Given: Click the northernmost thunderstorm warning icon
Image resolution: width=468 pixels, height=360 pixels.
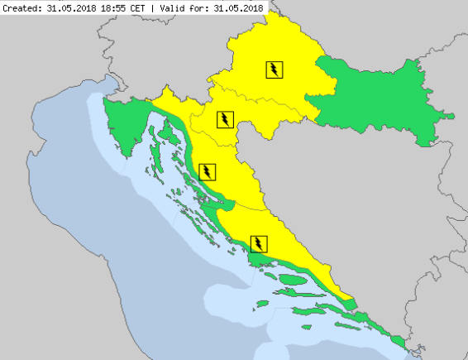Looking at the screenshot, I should pos(274,70).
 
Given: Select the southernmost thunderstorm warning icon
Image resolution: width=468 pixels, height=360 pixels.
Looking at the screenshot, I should pos(260,243).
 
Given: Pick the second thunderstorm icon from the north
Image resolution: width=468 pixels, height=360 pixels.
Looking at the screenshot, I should pos(224,118).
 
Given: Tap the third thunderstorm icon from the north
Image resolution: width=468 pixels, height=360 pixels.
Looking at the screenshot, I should pos(207,172).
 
